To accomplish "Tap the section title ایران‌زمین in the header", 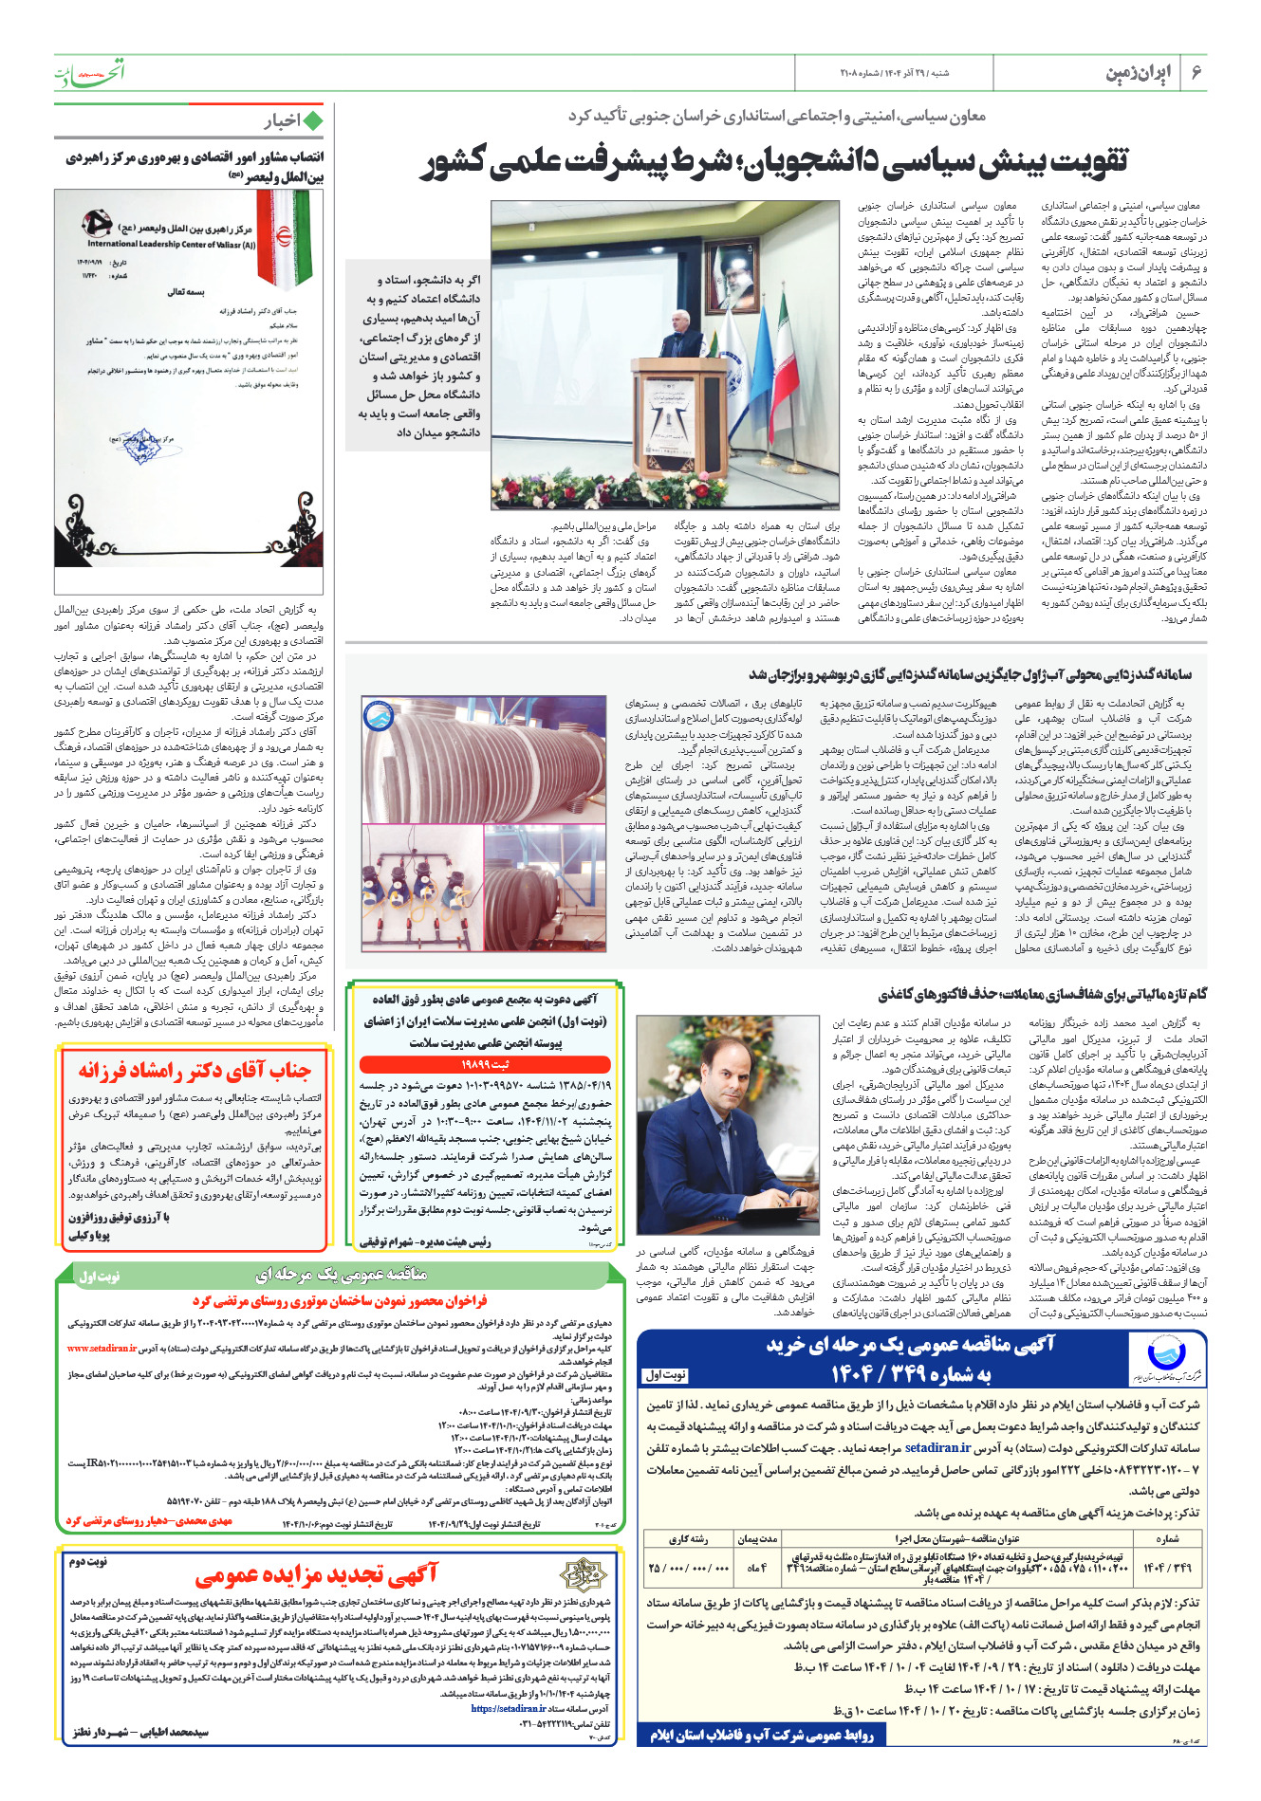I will click(1139, 73).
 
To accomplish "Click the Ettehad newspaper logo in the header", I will click(89, 72).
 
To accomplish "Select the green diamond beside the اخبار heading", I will click(312, 121).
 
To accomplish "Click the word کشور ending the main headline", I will click(451, 162).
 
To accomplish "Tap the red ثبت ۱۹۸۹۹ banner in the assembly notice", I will click(486, 1064).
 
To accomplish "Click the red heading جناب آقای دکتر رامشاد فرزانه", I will click(195, 1071).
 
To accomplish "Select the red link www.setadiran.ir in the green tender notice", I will click(102, 1348).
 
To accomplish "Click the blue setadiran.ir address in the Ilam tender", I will click(937, 1448).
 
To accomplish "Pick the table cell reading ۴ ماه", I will click(756, 1568).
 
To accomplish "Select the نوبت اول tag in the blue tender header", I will click(666, 1374).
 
